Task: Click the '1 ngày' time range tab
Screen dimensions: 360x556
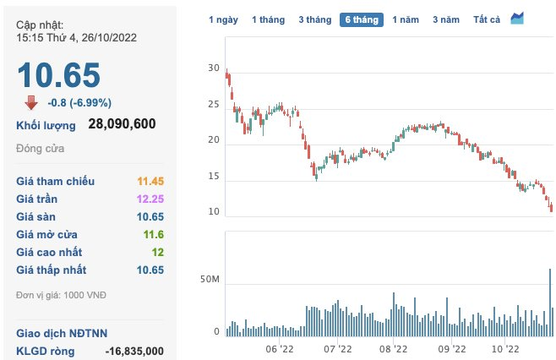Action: pos(224,19)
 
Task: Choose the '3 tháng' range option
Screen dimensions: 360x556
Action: pos(315,19)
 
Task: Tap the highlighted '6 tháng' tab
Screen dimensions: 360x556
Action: pos(362,19)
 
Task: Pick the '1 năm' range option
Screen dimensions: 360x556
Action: pos(406,19)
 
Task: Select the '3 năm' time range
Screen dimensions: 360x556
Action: pos(446,19)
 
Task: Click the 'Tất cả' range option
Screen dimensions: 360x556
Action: pos(488,19)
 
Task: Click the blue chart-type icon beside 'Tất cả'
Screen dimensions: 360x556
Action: pos(517,19)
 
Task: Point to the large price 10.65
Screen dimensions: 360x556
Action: pos(59,75)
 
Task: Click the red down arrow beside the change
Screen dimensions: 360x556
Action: pos(31,102)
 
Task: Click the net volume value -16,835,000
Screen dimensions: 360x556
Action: pos(134,351)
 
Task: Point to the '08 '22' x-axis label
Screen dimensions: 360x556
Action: pos(394,347)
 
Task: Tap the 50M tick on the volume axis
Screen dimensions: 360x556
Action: pos(210,279)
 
